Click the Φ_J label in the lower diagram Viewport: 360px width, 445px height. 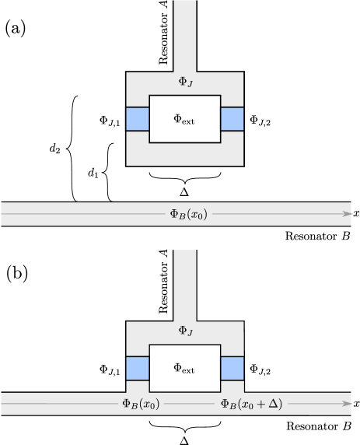185,331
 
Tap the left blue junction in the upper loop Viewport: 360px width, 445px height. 138,119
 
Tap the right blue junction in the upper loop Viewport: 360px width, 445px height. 232,119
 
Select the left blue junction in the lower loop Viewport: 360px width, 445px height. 138,368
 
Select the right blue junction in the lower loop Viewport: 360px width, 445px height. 232,368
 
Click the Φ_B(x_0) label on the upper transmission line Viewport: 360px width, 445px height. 188,214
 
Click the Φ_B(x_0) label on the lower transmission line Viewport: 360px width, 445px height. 141,404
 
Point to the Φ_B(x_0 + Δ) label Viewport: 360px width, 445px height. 251,404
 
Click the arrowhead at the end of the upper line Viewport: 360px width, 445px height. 348,214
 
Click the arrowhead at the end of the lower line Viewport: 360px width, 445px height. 348,404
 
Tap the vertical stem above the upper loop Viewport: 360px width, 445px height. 185,35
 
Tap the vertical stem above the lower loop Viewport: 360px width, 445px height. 185,284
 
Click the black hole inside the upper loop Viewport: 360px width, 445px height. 185,119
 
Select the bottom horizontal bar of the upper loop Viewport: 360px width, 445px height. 185,154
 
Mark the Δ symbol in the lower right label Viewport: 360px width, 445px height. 273,404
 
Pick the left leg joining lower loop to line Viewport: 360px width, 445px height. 138,387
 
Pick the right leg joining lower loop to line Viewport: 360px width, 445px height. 232,387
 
